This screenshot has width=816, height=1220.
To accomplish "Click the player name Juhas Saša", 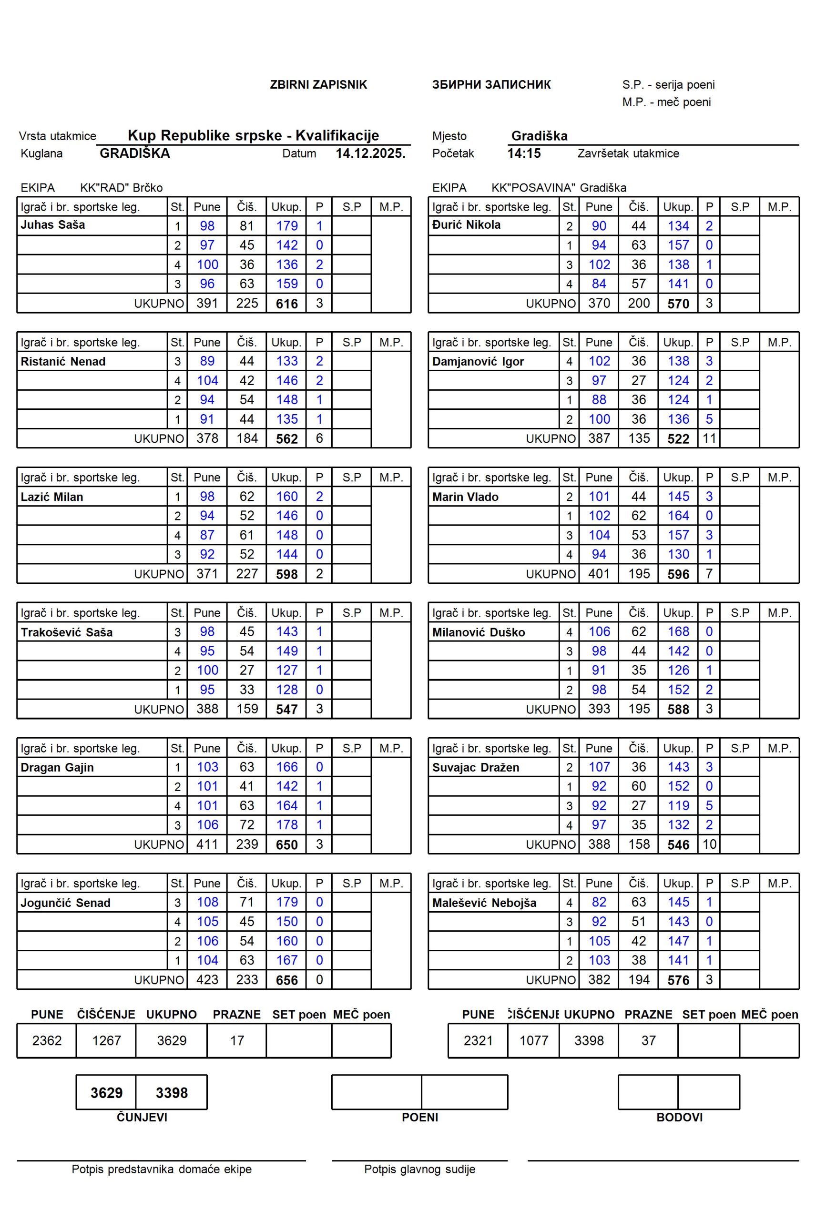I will click(52, 225).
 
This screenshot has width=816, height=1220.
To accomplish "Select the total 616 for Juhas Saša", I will click(287, 304).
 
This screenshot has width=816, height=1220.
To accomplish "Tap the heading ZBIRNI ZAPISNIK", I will click(318, 85).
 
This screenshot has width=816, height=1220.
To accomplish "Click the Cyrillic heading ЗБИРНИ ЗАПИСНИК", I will click(491, 85).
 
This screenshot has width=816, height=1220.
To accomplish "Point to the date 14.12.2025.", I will click(370, 153).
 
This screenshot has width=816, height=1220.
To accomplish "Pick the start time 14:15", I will click(524, 153).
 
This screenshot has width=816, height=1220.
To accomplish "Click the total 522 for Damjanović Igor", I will click(678, 439).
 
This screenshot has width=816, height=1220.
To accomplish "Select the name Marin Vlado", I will click(465, 497).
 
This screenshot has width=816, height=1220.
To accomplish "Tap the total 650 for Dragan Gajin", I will click(287, 845).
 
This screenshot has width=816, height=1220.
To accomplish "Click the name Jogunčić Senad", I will click(66, 903).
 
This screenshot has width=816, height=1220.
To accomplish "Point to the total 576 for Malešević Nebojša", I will click(678, 980).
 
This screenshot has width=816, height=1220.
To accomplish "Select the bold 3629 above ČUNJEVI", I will click(106, 1093).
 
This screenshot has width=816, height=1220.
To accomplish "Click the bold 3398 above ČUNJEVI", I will click(172, 1093).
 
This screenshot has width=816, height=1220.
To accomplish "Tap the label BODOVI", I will click(679, 1117).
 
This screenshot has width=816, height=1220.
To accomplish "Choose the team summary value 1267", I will click(106, 1040).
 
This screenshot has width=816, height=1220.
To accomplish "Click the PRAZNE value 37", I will click(648, 1040).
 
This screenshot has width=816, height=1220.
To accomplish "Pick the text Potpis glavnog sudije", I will click(419, 1169).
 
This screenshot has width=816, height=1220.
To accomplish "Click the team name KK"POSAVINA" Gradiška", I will click(559, 188).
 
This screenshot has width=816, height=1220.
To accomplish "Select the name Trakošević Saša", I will click(67, 632).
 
